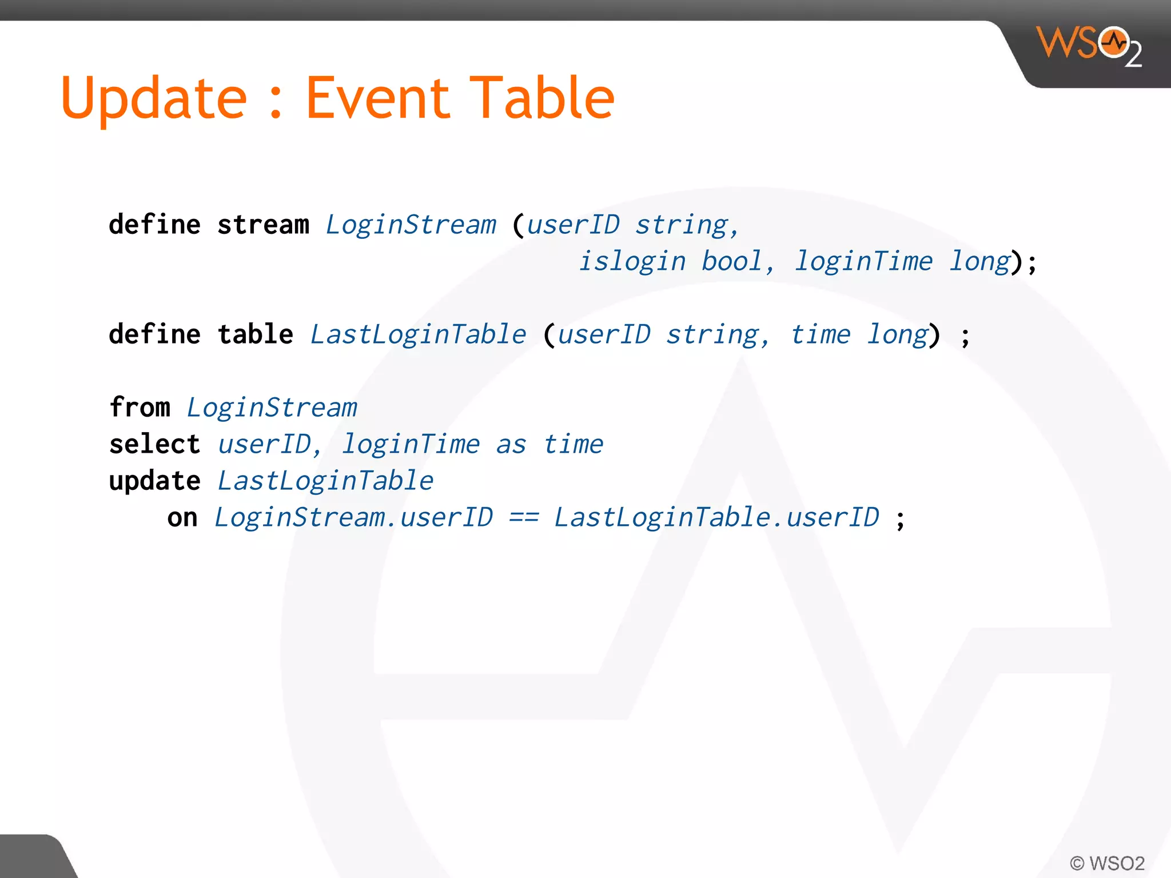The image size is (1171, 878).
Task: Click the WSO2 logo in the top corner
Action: tap(1089, 46)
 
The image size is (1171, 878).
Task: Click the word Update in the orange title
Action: tap(154, 99)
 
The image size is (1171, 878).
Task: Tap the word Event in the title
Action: tap(378, 98)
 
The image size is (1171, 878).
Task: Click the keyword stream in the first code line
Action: tap(263, 225)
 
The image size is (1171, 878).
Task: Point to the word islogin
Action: tap(632, 262)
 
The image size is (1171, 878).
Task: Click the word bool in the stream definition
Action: tap(732, 261)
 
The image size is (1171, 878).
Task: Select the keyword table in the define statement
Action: tap(255, 334)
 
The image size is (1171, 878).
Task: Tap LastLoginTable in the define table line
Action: tap(418, 334)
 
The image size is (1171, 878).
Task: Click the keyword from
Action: tap(140, 408)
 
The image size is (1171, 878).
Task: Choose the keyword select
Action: tap(154, 444)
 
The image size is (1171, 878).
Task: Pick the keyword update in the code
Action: tap(154, 481)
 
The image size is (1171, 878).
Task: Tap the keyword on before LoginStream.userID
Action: tap(182, 518)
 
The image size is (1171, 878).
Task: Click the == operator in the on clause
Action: tap(524, 518)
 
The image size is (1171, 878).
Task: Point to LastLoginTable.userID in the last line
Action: tap(716, 517)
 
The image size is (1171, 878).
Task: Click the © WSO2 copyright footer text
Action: tap(1107, 863)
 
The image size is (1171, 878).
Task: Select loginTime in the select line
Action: tap(411, 445)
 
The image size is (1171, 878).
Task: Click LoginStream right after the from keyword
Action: tap(272, 408)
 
